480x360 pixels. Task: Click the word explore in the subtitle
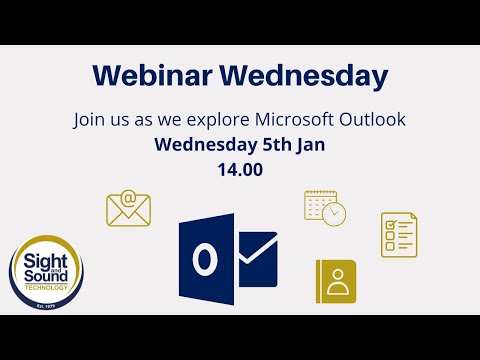(x=196, y=120)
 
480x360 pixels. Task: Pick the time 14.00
(x=240, y=169)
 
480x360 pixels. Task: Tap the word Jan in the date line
(x=308, y=145)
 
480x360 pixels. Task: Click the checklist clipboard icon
(x=398, y=234)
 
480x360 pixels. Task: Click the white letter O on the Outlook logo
(x=205, y=260)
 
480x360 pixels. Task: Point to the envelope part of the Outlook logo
(x=256, y=255)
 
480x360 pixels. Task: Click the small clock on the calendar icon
(x=335, y=213)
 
